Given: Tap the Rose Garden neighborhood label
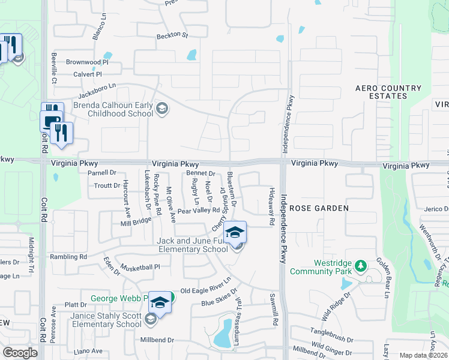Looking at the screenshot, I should tap(319, 208).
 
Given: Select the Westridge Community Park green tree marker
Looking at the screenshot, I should tap(360, 265).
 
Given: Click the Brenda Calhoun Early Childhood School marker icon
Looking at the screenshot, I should tap(161, 109).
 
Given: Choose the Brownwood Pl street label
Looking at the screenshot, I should tap(86, 62).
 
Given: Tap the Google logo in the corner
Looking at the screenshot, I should tap(20, 352).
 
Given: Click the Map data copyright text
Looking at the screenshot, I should tap(423, 355).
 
